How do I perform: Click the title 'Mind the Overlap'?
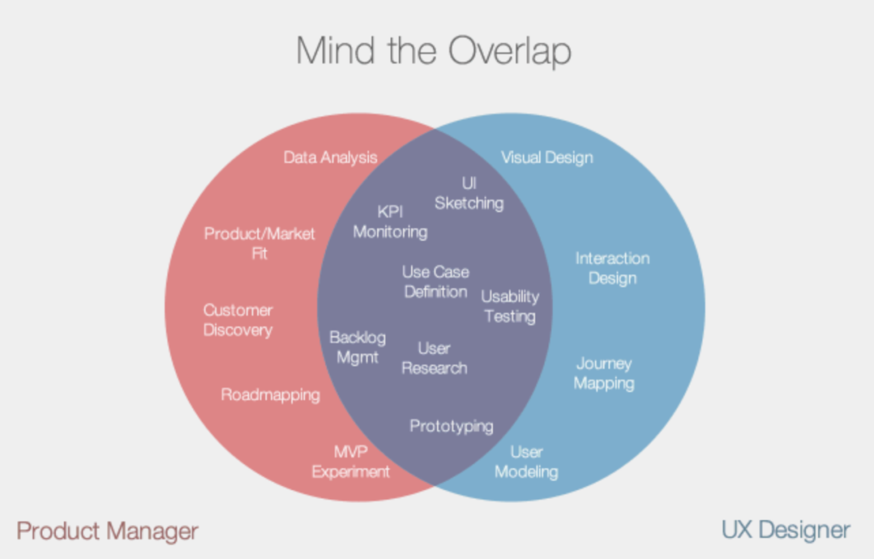click(434, 50)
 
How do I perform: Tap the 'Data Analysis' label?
click(330, 157)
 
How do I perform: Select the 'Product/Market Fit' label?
click(260, 243)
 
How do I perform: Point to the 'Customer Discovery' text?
click(238, 320)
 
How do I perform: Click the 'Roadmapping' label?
click(270, 395)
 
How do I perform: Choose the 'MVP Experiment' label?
click(351, 462)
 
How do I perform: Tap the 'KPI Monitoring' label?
click(390, 222)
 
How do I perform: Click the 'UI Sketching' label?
click(469, 193)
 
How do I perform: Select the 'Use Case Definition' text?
click(435, 282)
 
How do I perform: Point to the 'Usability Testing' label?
click(510, 306)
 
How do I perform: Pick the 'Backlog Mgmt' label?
click(357, 347)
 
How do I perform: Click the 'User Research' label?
click(435, 358)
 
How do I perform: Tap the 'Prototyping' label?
click(452, 426)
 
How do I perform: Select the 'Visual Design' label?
click(547, 157)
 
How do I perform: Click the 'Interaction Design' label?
click(613, 268)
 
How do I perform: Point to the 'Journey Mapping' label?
click(604, 373)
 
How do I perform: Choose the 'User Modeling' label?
click(526, 462)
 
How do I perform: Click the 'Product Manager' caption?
click(108, 531)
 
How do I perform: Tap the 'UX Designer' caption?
click(786, 531)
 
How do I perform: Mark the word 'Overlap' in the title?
click(502, 50)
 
